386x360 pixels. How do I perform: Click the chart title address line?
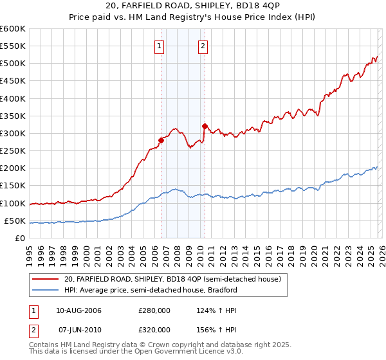point(193,7)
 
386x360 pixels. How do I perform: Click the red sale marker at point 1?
point(161,141)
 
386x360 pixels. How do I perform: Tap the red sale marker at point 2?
point(205,127)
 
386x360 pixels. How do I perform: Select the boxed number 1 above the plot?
point(159,46)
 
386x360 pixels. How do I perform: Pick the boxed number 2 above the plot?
point(203,46)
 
